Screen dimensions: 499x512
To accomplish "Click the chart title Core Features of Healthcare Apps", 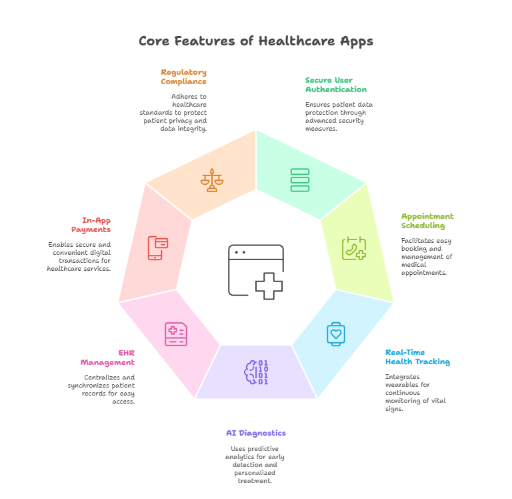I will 255,41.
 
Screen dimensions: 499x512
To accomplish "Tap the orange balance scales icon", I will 212,180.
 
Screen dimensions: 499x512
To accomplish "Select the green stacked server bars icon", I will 300,180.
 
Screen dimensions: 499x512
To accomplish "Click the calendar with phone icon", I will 353,249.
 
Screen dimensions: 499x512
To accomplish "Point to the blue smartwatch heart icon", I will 336,333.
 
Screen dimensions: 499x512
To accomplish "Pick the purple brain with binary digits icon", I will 256,372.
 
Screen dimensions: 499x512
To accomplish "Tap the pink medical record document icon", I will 176,334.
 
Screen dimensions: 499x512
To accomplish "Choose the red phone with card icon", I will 158,247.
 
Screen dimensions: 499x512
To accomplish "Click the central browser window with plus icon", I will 256,270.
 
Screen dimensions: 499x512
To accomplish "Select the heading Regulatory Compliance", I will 183,77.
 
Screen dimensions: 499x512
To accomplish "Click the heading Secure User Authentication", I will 335,85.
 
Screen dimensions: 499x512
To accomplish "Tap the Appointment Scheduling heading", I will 427,221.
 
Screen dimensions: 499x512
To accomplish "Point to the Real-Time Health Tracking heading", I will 417,357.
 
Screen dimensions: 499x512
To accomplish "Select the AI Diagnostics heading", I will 255,433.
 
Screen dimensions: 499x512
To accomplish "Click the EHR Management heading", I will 107,358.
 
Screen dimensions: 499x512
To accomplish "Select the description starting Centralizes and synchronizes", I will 101,390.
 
